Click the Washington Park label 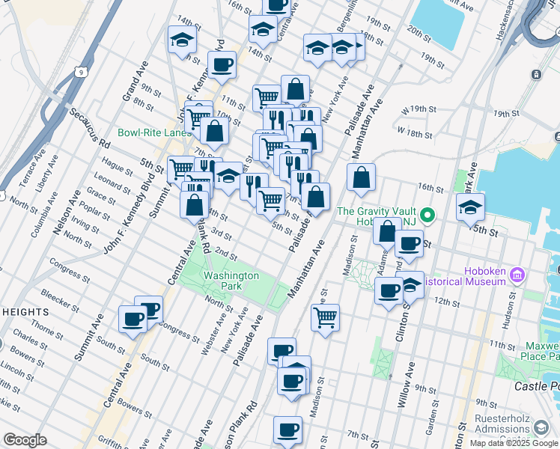pos(231,281)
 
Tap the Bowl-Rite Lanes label pos(153,132)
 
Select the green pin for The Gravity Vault pos(427,217)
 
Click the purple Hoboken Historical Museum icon pos(516,276)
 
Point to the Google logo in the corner pos(24,440)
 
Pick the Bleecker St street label pos(61,298)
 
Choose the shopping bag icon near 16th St pos(361,177)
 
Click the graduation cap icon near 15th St pos(470,206)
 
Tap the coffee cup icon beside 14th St pos(222,65)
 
